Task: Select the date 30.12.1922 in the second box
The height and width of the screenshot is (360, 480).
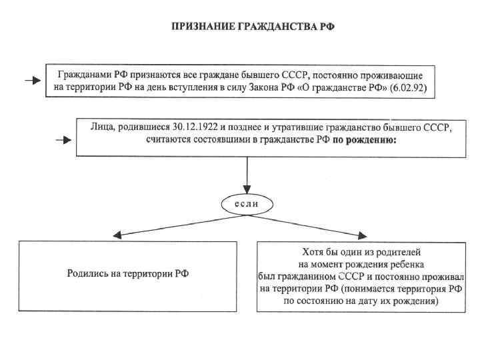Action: tap(189, 127)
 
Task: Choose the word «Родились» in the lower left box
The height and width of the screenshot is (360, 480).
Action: tap(89, 273)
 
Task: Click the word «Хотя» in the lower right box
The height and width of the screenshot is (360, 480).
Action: tap(305, 251)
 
